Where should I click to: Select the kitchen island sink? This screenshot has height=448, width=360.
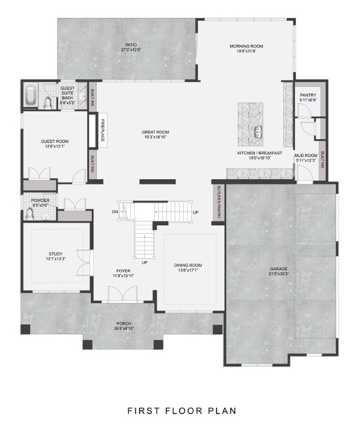(257, 132)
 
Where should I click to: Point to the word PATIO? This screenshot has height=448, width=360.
(132, 44)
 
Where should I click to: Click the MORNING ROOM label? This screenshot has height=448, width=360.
(246, 46)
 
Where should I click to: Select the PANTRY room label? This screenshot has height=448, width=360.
(307, 94)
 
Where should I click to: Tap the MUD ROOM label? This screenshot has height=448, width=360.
(305, 155)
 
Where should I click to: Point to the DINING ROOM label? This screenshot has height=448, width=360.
(188, 265)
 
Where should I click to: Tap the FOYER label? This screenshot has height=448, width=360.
(123, 271)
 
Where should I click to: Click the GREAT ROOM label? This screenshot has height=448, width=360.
(155, 132)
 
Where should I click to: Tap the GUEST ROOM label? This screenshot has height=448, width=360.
(54, 141)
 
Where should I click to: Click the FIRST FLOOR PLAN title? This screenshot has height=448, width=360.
(182, 411)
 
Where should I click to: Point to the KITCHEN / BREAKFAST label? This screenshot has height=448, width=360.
(260, 153)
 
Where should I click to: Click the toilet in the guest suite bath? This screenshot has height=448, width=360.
(48, 103)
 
